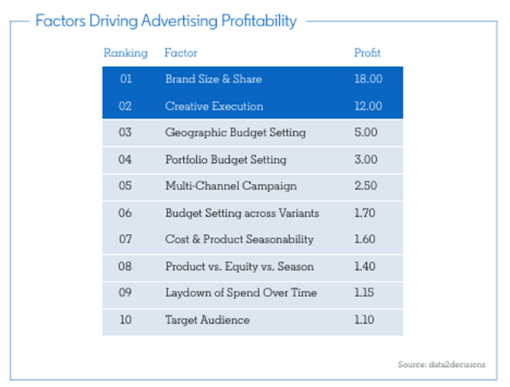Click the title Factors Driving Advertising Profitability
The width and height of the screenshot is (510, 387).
click(x=165, y=21)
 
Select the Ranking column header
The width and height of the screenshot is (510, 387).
click(x=125, y=53)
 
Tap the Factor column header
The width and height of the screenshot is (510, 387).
click(x=181, y=53)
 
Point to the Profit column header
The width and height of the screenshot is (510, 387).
click(x=367, y=53)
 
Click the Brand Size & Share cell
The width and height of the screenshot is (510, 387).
click(x=213, y=79)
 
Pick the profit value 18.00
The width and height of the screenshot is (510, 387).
click(x=367, y=79)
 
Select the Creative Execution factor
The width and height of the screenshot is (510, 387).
click(x=214, y=106)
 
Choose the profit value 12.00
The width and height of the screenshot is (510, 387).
click(x=367, y=106)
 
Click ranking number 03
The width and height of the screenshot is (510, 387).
click(x=125, y=132)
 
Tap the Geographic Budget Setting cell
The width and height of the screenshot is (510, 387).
click(x=235, y=132)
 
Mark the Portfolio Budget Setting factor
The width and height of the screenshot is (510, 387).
click(x=225, y=159)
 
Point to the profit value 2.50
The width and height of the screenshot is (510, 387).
click(x=366, y=186)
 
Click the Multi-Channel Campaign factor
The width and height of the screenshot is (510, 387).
click(x=231, y=186)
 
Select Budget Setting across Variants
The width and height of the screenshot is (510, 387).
click(x=242, y=212)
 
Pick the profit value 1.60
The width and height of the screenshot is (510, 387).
click(x=366, y=239)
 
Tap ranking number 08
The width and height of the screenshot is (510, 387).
click(x=125, y=266)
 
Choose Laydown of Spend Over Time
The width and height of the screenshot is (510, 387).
click(x=241, y=292)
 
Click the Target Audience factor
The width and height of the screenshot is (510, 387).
click(x=207, y=319)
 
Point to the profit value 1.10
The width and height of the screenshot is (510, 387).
click(x=366, y=319)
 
